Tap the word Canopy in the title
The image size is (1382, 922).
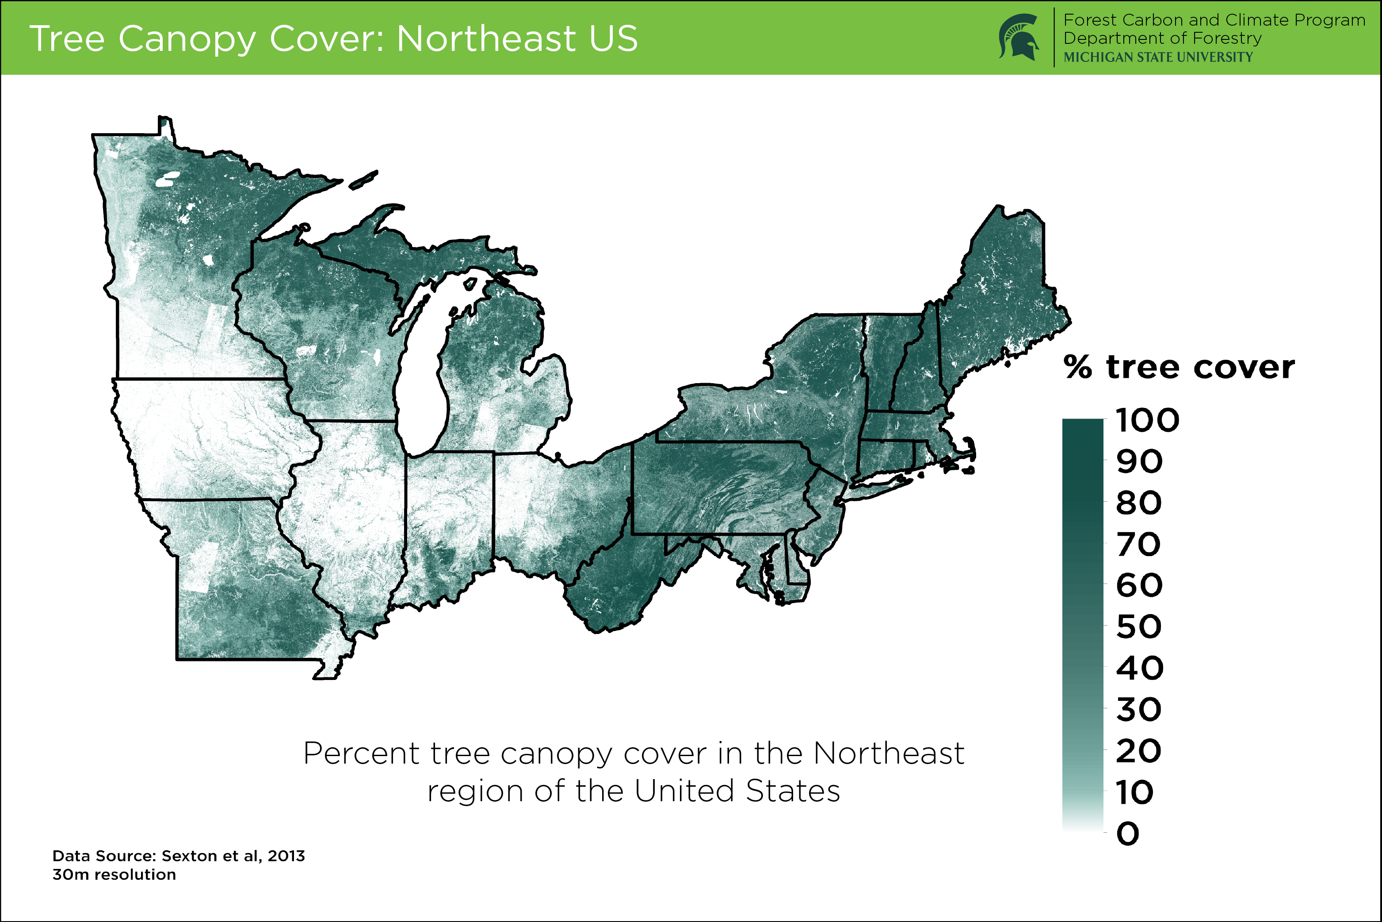(x=187, y=39)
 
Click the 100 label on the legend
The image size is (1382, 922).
(x=1147, y=420)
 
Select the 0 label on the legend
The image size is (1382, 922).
(x=1128, y=834)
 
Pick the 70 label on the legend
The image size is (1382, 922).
(x=1138, y=545)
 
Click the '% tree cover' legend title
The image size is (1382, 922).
(x=1179, y=368)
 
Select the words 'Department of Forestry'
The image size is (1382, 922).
(x=1162, y=38)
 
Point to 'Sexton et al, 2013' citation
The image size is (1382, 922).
(x=233, y=856)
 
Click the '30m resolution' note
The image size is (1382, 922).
(x=114, y=874)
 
